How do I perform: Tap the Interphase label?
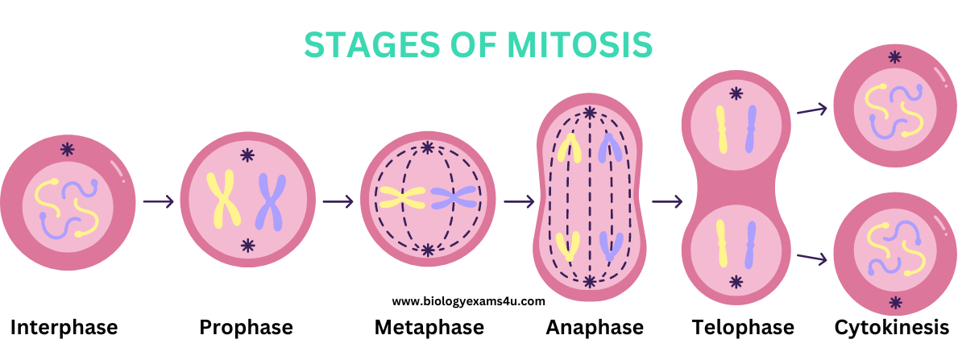64,328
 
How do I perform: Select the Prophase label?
246,328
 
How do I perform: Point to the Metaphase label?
429,328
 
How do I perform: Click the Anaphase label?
595,328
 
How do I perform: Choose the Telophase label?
743,328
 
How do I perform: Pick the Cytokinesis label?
891,328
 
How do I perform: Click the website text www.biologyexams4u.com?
469,302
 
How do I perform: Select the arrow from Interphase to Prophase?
159,201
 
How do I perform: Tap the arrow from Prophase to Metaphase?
338,201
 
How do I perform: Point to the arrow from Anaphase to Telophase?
667,201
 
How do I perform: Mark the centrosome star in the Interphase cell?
68,149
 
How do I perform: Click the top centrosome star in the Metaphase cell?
428,147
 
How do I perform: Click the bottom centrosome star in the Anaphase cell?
591,282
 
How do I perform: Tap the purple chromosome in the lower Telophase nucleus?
750,245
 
